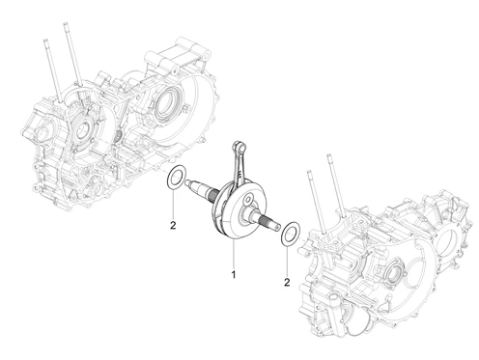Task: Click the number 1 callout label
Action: (233, 275)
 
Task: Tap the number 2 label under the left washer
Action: (173, 226)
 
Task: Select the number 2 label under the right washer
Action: (287, 282)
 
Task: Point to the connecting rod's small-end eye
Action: (239, 147)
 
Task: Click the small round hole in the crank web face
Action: (248, 200)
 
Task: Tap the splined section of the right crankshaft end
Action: (266, 221)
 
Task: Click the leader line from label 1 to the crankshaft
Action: (234, 254)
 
